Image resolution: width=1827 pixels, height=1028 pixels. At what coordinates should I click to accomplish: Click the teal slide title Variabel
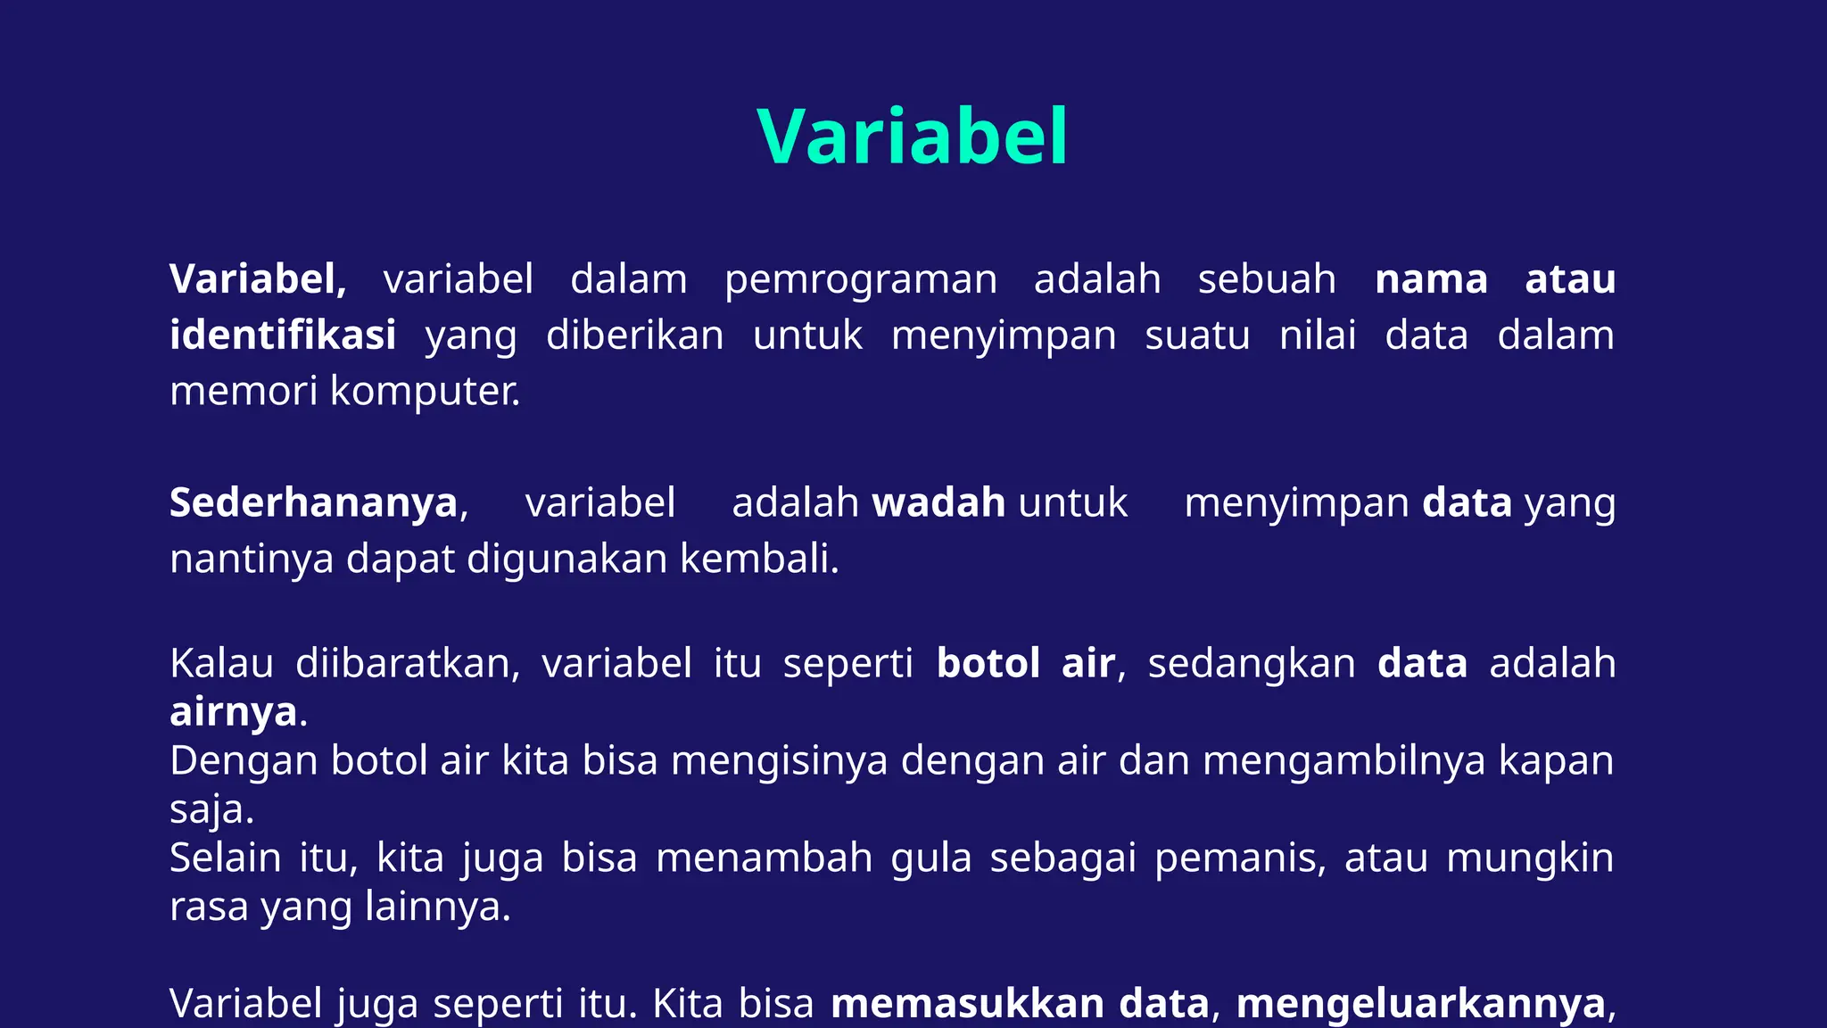coord(912,137)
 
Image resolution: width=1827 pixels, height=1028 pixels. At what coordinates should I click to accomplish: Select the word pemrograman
coord(860,280)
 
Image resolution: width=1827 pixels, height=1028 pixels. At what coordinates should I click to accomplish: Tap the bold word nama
coord(1431,280)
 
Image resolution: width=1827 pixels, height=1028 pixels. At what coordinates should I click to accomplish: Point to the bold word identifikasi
coord(283,336)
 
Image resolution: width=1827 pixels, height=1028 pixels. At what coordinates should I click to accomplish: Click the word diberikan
coord(634,336)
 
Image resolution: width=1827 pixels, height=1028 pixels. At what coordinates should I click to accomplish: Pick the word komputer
coord(425,392)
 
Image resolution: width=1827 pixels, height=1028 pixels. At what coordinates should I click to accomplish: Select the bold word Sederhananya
coord(313,503)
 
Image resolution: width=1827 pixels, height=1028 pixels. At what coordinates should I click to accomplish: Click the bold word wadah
coord(938,503)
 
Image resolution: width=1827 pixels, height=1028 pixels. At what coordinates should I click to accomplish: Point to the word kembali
coord(758,560)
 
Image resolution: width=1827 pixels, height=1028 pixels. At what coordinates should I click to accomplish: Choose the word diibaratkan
coord(407,664)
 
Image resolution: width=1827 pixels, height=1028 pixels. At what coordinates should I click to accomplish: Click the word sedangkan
coord(1251,664)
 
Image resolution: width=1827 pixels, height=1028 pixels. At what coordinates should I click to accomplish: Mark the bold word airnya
coord(234,712)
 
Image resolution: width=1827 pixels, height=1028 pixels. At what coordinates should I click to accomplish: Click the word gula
coord(930,858)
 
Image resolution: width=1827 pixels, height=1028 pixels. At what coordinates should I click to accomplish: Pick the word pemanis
coord(1239,858)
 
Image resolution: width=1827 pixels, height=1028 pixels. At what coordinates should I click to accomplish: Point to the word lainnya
coord(437,908)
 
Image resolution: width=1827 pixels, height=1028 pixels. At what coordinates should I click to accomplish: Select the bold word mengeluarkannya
coord(1420,1004)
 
